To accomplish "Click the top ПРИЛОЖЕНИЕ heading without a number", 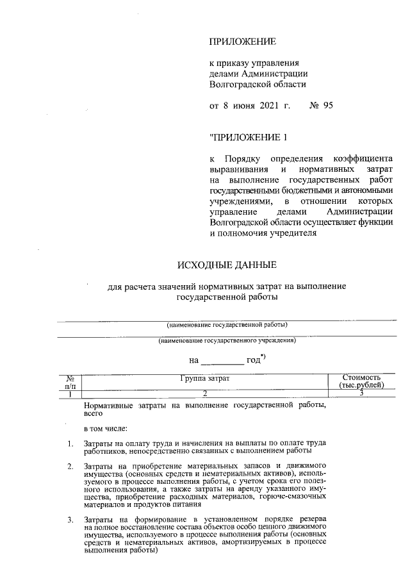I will pos(242,42).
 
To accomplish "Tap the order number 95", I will pos(325,106).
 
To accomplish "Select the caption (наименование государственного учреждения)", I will pos(227,341).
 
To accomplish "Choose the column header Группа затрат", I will pos(204,379).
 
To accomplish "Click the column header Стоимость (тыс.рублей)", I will pos(362,382).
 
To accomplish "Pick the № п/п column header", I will pos(70,383).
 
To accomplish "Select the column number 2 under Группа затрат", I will pos(204,393).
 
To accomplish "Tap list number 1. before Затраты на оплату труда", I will pos(70,443).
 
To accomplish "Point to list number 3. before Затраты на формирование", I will pos(70,518).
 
